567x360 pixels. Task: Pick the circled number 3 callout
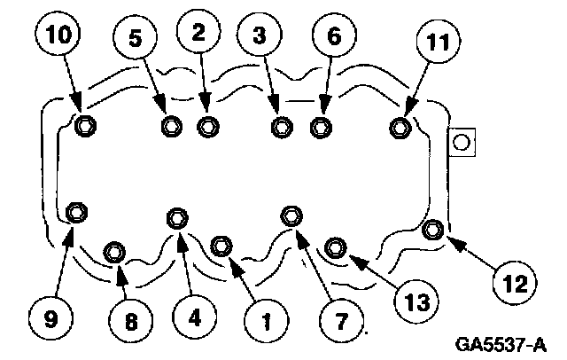click(259, 36)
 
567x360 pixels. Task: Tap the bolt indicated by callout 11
click(400, 129)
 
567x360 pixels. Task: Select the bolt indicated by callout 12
click(432, 231)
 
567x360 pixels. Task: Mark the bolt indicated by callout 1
click(222, 244)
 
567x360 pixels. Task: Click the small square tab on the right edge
click(462, 142)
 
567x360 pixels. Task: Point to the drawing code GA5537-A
click(502, 342)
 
